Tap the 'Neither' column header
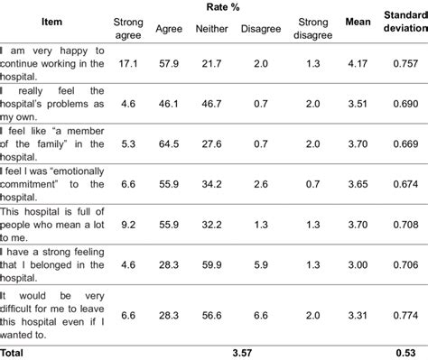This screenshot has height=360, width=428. [x=211, y=28]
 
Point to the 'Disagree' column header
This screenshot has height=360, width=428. [x=261, y=28]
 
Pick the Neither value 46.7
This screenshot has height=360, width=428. [x=211, y=104]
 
